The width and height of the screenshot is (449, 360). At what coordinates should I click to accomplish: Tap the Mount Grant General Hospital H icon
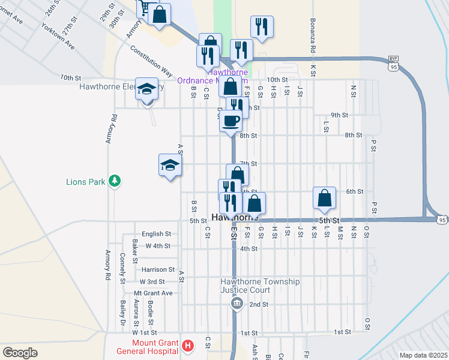coord(188,346)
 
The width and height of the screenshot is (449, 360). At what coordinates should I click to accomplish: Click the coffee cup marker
coord(231,122)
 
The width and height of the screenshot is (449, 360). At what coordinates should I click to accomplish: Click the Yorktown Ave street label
coord(58,36)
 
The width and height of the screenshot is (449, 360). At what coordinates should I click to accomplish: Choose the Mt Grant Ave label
coord(153,293)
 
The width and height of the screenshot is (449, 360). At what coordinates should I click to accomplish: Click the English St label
coord(156,234)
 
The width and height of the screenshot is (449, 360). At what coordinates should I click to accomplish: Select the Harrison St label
coord(158,270)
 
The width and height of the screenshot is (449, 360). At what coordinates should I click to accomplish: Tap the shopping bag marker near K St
coord(324,198)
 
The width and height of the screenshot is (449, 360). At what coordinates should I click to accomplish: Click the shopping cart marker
coord(144,8)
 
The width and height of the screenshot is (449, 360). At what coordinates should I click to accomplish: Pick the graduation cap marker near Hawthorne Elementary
coord(147,89)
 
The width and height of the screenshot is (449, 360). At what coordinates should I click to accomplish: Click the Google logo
coord(20,353)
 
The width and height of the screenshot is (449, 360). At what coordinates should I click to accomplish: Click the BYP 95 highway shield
coord(394,63)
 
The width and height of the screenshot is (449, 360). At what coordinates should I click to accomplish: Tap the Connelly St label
coord(122,267)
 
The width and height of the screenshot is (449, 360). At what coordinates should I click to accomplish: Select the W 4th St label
coord(154,246)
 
